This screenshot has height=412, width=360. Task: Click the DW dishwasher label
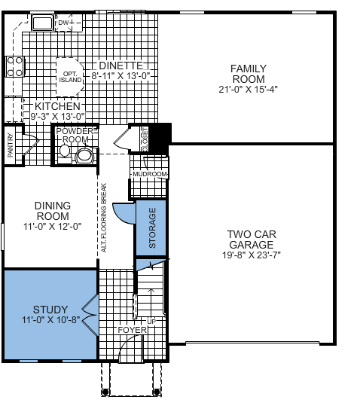63,23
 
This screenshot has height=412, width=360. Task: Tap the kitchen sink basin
42,23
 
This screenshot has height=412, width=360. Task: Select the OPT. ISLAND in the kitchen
70,77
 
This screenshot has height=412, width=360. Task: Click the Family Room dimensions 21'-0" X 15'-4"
248,90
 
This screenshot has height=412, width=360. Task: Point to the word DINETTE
121,66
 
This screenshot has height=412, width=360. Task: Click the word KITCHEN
57,106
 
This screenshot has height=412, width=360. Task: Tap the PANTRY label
11,145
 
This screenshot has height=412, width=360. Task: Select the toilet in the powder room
64,154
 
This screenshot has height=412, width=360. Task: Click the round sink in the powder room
84,156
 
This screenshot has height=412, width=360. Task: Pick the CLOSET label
145,139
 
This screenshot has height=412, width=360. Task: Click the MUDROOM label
150,174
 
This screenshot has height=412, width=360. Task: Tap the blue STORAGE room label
152,227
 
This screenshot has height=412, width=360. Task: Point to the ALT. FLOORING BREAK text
104,218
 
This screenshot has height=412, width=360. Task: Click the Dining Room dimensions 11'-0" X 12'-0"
53,226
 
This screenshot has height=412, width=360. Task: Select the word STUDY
50,310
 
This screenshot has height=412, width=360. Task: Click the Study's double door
90,315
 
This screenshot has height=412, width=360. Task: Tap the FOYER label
132,330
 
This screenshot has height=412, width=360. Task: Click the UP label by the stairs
151,322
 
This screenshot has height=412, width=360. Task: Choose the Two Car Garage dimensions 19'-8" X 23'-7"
252,255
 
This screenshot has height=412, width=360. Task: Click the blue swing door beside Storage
124,213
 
